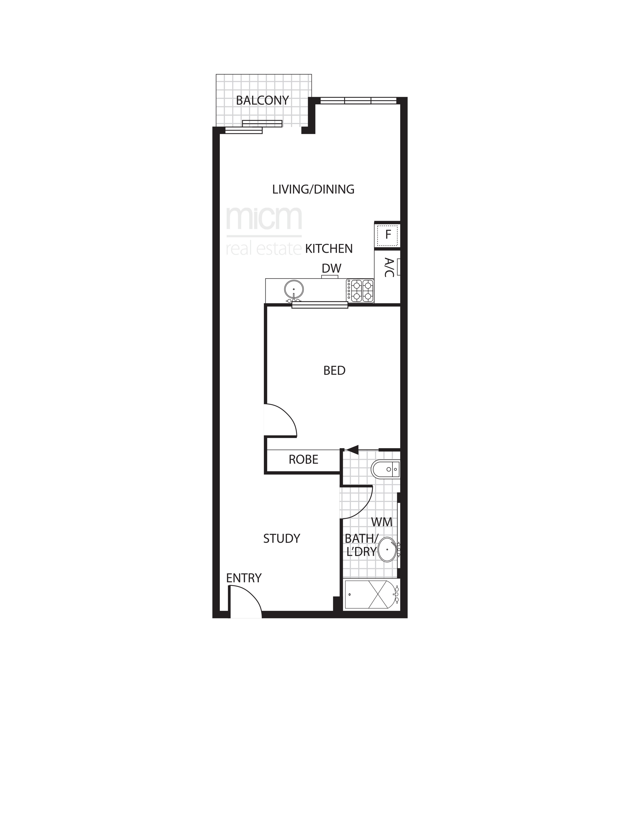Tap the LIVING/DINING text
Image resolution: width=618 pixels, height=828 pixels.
click(x=313, y=189)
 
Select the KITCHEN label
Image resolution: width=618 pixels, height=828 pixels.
click(x=329, y=249)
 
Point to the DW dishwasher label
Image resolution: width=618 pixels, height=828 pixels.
click(x=331, y=268)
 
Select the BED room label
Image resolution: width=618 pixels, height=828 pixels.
click(x=334, y=371)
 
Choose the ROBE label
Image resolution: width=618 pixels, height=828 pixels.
click(x=303, y=459)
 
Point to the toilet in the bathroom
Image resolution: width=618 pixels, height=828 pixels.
click(x=386, y=469)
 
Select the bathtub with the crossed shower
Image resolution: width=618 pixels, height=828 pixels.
click(x=372, y=594)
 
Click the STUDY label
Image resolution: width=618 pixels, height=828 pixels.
click(x=282, y=538)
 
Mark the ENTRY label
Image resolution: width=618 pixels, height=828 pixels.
click(x=243, y=578)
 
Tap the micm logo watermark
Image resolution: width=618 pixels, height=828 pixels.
click(x=264, y=231)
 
